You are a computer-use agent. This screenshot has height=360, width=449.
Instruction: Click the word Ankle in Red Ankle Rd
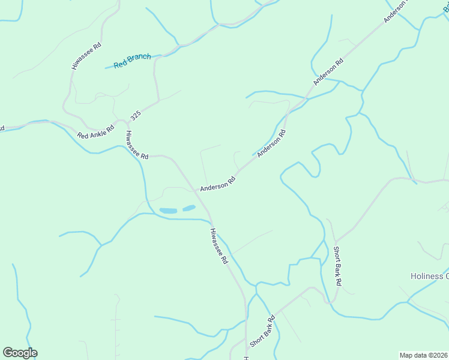pos(97,131)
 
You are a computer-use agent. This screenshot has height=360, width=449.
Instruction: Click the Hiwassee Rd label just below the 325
pos(137,145)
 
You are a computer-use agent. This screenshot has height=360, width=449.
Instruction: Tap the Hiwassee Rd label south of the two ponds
pos(220,246)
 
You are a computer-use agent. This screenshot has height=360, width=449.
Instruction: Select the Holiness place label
pos(429,276)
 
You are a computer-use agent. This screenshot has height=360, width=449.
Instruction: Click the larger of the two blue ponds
pos(169,211)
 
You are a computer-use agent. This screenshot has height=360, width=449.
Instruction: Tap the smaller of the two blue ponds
pos(188,208)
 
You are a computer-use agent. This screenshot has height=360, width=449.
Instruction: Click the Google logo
pos(20,353)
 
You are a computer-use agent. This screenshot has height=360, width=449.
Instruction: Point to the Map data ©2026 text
pos(423,355)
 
